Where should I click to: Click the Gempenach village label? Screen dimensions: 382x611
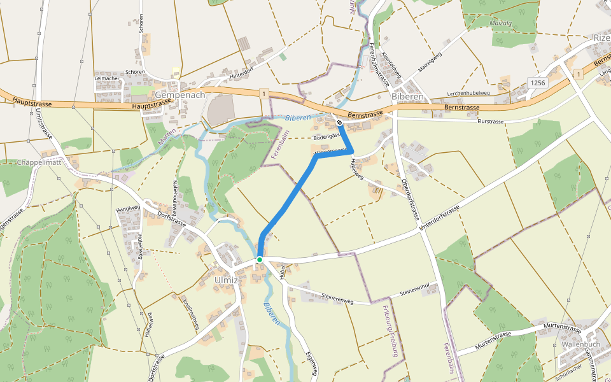click(180, 95)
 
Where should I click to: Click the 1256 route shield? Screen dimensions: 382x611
click(537, 83)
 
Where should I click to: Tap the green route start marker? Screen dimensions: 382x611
click(260, 260)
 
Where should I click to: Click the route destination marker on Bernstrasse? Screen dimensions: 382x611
click(340, 122)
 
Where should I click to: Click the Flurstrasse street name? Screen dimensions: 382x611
click(491, 121)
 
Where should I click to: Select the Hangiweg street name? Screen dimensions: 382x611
click(127, 208)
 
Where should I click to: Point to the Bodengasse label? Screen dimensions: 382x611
click(327, 138)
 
